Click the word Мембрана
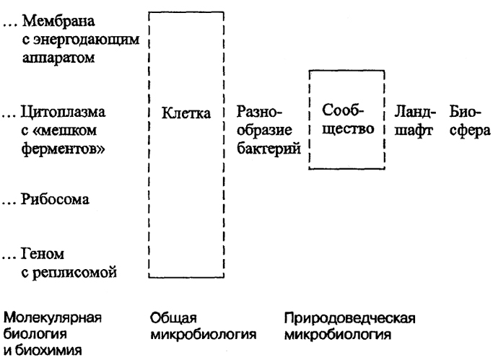[58, 22]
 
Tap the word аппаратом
[58, 58]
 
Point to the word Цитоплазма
[64, 112]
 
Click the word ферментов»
[63, 149]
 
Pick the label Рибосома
[55, 199]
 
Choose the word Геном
[43, 253]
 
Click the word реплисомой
[75, 272]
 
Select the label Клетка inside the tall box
[186, 113]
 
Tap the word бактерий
[269, 148]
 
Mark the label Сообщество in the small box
[348, 120]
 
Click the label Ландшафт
[415, 121]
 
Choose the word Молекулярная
[53, 318]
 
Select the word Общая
[173, 318]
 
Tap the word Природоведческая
[349, 318]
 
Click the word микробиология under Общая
[203, 335]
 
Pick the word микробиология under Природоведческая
[338, 335]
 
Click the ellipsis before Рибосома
[9, 203]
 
